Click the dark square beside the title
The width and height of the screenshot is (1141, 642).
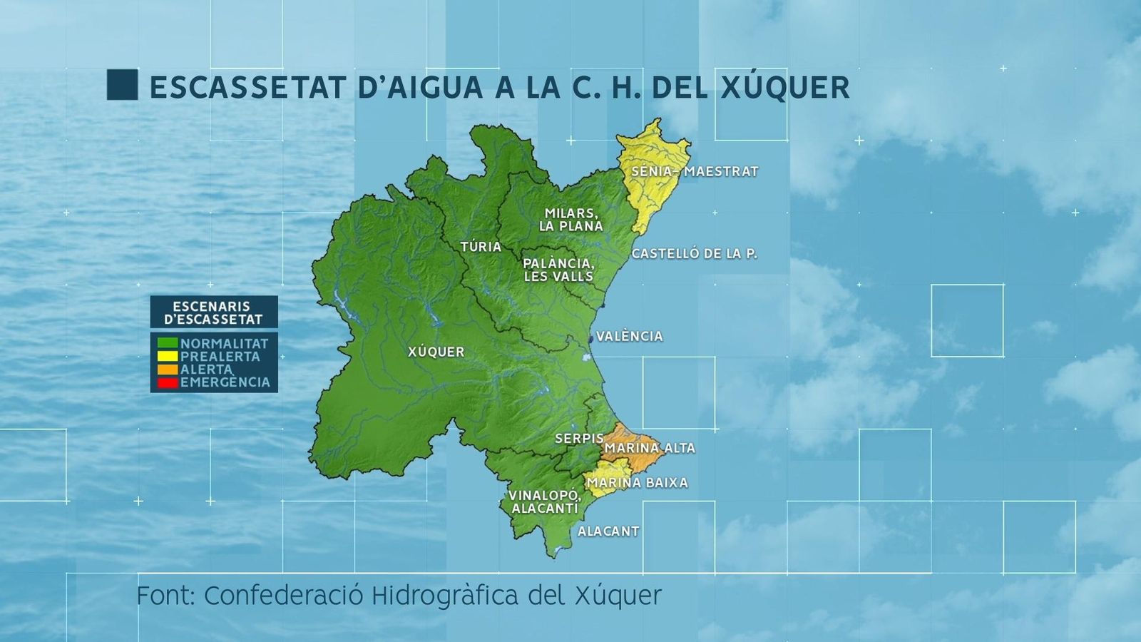(x=122, y=85)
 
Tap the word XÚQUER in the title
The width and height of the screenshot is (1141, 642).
(x=785, y=88)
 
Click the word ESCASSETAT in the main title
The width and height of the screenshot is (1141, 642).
(x=247, y=88)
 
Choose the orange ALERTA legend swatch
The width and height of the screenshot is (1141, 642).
(x=168, y=370)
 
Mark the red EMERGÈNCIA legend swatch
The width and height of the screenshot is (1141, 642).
(x=168, y=382)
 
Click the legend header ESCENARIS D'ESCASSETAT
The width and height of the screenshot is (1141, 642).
(x=213, y=312)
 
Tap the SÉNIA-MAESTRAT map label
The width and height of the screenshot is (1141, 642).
(x=695, y=172)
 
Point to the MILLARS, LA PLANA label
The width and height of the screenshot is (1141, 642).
(x=571, y=220)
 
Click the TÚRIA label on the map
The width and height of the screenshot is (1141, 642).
(x=481, y=247)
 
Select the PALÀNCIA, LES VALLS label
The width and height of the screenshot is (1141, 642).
(x=558, y=270)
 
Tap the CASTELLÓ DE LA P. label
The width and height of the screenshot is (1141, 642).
(x=694, y=254)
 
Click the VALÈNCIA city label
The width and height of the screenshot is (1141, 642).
(x=629, y=336)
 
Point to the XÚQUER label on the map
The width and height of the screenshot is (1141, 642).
(x=436, y=352)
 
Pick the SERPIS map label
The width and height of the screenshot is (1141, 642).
(x=578, y=438)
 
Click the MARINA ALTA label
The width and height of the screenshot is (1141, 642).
(x=650, y=448)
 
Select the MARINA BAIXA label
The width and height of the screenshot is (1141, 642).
(x=637, y=483)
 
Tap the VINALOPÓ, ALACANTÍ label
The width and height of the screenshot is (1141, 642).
(x=545, y=501)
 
